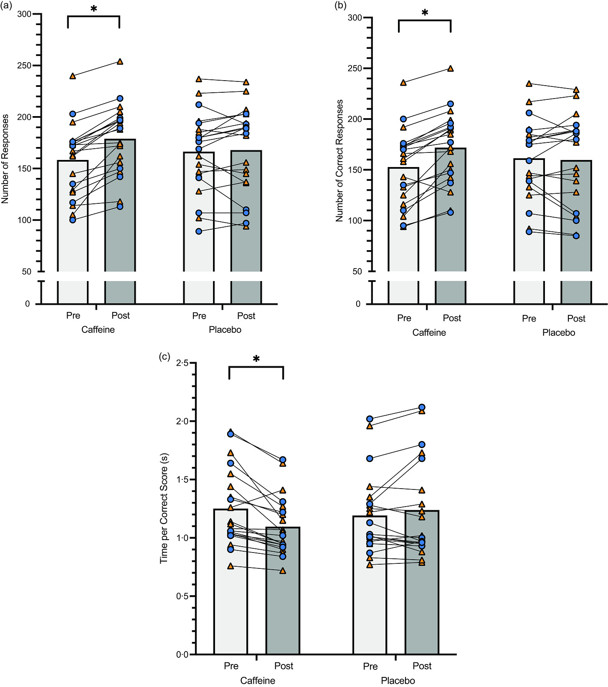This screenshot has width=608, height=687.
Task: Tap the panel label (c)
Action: pos(165,356)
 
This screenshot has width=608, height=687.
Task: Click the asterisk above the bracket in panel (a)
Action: pos(94,9)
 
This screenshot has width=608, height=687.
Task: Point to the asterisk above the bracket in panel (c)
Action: pos(256,359)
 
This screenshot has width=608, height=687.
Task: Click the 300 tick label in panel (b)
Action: pos(355,18)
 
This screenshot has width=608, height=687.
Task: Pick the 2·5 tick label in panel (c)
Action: pos(182,363)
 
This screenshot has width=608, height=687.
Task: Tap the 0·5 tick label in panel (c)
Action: pos(182,596)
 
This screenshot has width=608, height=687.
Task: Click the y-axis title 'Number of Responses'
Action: pos(5,159)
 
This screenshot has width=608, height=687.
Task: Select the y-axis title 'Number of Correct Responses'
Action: pos(339,160)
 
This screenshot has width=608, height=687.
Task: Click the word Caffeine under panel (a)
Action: pos(98,330)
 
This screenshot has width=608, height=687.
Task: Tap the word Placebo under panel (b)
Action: pos(558,332)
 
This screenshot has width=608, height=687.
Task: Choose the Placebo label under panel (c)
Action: pos(398,680)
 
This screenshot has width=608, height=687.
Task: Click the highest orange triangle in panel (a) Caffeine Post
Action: pos(120,62)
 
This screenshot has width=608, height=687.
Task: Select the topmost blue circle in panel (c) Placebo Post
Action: pos(422,407)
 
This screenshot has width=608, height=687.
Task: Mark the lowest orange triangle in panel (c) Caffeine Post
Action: pos(283,571)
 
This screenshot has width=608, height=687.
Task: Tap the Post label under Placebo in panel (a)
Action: pos(246,316)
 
